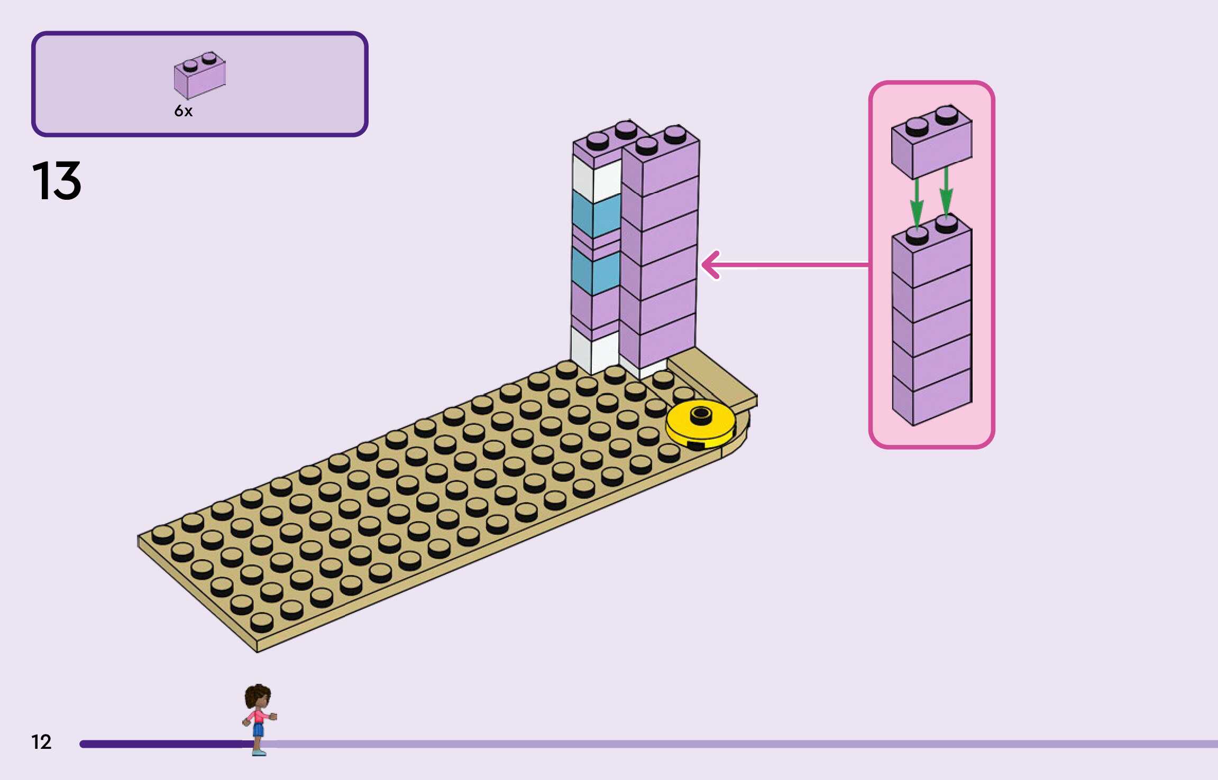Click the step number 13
[57, 181]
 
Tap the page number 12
[41, 742]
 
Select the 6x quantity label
[184, 111]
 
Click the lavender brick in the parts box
[199, 76]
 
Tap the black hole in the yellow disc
[701, 413]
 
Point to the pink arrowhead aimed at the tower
[711, 265]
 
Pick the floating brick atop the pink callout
[931, 143]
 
